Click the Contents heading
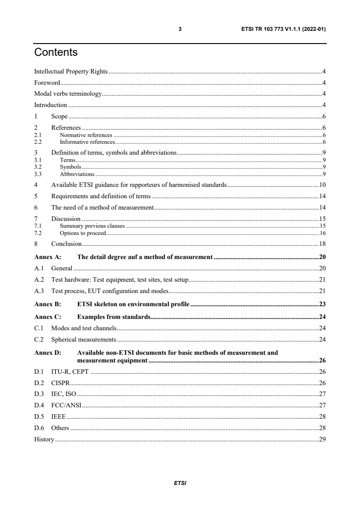click(x=56, y=53)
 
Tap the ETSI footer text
click(x=180, y=483)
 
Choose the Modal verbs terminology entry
click(x=68, y=94)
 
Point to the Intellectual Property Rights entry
click(x=70, y=72)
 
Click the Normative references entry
click(x=86, y=135)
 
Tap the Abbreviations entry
click(x=77, y=174)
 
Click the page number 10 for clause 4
click(x=323, y=185)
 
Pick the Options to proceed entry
click(x=83, y=233)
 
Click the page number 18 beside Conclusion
click(x=323, y=244)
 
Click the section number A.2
click(x=39, y=280)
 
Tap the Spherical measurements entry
click(x=84, y=339)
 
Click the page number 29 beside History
click(x=323, y=439)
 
